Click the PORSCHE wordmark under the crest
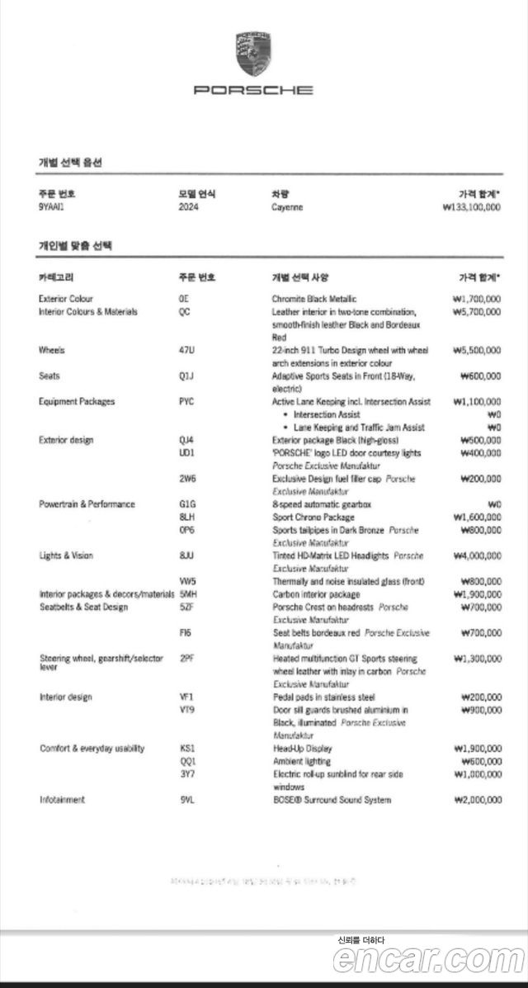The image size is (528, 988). click(x=253, y=90)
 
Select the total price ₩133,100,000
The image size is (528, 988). click(x=471, y=207)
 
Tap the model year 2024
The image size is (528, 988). click(x=189, y=207)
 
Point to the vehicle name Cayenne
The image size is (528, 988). click(x=287, y=207)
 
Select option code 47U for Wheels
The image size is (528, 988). click(x=186, y=350)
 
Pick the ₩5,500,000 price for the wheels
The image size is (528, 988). click(x=476, y=350)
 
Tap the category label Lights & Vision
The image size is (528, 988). click(x=66, y=555)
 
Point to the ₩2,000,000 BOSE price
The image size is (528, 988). click(x=476, y=800)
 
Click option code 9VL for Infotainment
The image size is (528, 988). click(x=186, y=800)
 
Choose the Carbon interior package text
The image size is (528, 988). click(x=316, y=594)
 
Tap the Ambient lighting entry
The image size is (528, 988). click(x=301, y=761)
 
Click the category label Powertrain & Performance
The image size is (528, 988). click(x=87, y=504)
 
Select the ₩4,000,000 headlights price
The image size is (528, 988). click(x=476, y=555)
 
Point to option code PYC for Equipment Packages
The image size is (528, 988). click(x=187, y=402)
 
